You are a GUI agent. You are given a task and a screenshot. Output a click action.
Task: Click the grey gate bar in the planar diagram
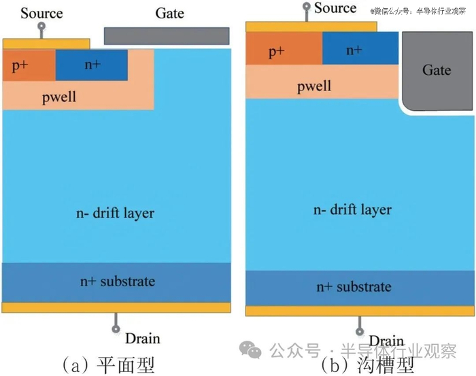point(166,35)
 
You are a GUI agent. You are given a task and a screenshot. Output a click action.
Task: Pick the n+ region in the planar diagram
point(92,66)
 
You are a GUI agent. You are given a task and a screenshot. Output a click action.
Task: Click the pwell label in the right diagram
point(314,86)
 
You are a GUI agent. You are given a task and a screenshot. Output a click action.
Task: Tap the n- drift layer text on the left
point(115,213)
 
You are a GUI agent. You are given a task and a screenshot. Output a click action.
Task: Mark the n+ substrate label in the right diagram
point(354,286)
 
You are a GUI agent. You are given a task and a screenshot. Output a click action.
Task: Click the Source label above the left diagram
point(41,13)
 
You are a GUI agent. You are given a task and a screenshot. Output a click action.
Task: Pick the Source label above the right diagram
point(335,8)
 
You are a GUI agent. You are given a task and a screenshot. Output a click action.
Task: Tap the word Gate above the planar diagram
point(169,13)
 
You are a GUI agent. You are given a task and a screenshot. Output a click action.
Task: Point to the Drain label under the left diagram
point(142,338)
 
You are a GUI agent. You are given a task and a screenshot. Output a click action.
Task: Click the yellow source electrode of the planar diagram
point(46,44)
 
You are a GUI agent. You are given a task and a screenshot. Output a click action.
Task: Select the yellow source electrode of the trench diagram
point(311,27)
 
